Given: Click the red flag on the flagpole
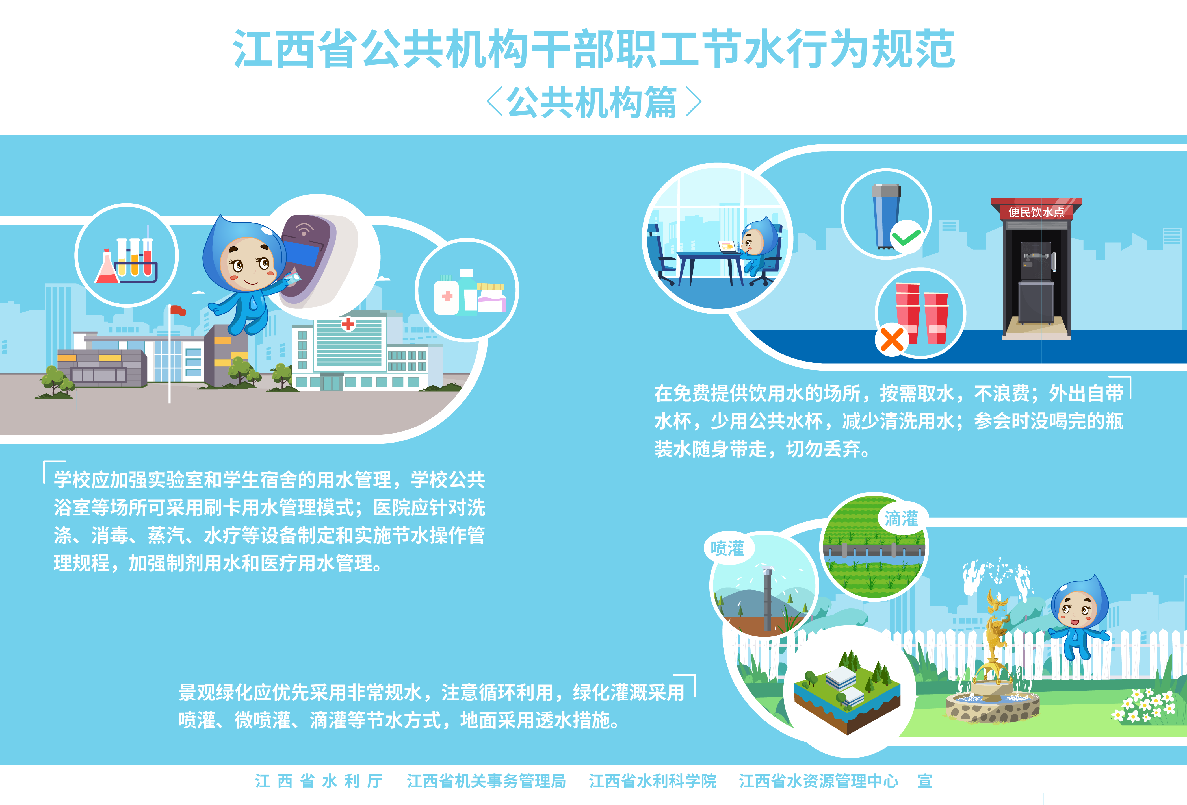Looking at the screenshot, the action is click(178, 310).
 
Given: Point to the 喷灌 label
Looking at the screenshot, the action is click(727, 549).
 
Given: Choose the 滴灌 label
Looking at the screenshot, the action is click(901, 519).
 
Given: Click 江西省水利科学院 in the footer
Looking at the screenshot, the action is click(652, 781).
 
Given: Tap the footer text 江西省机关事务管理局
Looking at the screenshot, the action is click(486, 781).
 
